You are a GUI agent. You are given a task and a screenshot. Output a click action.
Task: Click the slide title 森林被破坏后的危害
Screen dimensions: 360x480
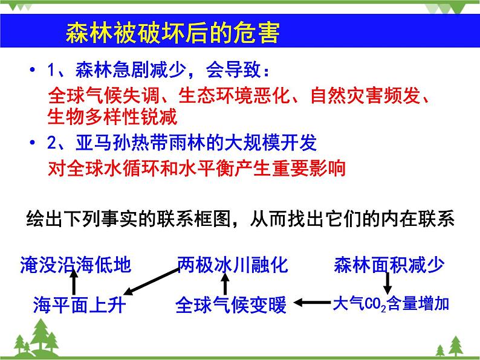click(x=172, y=34)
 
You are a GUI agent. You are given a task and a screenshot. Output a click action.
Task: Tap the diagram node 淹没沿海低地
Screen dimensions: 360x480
click(x=75, y=265)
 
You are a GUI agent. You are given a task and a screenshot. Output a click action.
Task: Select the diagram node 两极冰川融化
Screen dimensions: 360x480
click(x=233, y=265)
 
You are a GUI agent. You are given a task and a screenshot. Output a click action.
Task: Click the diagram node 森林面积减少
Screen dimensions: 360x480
click(x=389, y=265)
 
